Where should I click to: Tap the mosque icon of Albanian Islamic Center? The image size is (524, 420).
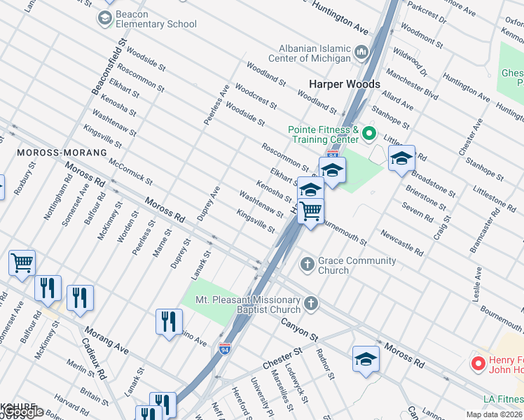[x=361, y=52]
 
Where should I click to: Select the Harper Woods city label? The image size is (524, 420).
[x=345, y=84]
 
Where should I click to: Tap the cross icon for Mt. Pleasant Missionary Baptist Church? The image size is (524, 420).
[x=311, y=303]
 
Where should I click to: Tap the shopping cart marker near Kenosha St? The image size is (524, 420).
[x=310, y=210]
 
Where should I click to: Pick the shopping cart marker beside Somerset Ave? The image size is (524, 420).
[x=22, y=263]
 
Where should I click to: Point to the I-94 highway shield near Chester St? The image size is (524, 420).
[x=224, y=348]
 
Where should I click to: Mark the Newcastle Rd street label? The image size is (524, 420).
[x=402, y=241]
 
